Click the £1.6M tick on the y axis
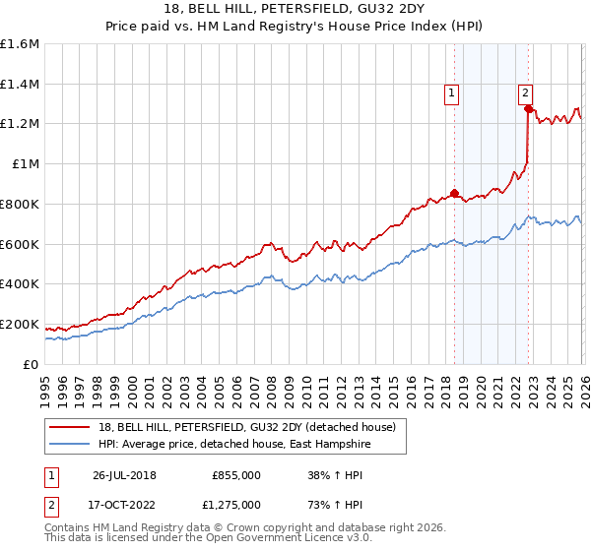pos(19,44)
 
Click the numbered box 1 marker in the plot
pos(451,93)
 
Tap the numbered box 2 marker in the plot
pos(526,93)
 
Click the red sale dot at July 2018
pos(454,193)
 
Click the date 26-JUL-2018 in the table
pos(123,474)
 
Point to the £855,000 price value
pos(236,474)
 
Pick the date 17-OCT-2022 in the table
pos(123,504)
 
